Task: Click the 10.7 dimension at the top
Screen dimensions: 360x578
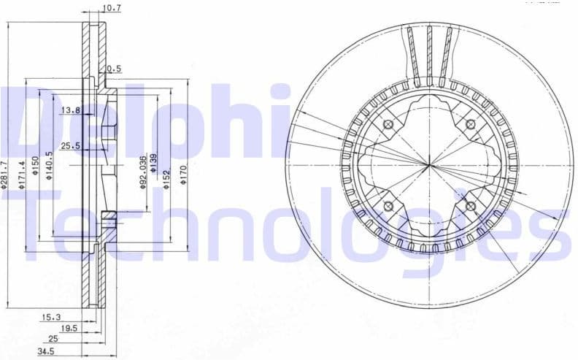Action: (x=112, y=9)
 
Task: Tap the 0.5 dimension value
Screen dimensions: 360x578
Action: (x=114, y=69)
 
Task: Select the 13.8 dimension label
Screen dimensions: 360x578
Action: (x=71, y=110)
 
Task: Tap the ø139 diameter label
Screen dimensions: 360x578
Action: (x=153, y=163)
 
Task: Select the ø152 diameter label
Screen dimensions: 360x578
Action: (x=166, y=177)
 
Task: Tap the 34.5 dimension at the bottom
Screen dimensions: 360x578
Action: (x=47, y=352)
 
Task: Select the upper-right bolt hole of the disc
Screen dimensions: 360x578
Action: (x=470, y=124)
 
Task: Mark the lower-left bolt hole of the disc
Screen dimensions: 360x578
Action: (x=388, y=205)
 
